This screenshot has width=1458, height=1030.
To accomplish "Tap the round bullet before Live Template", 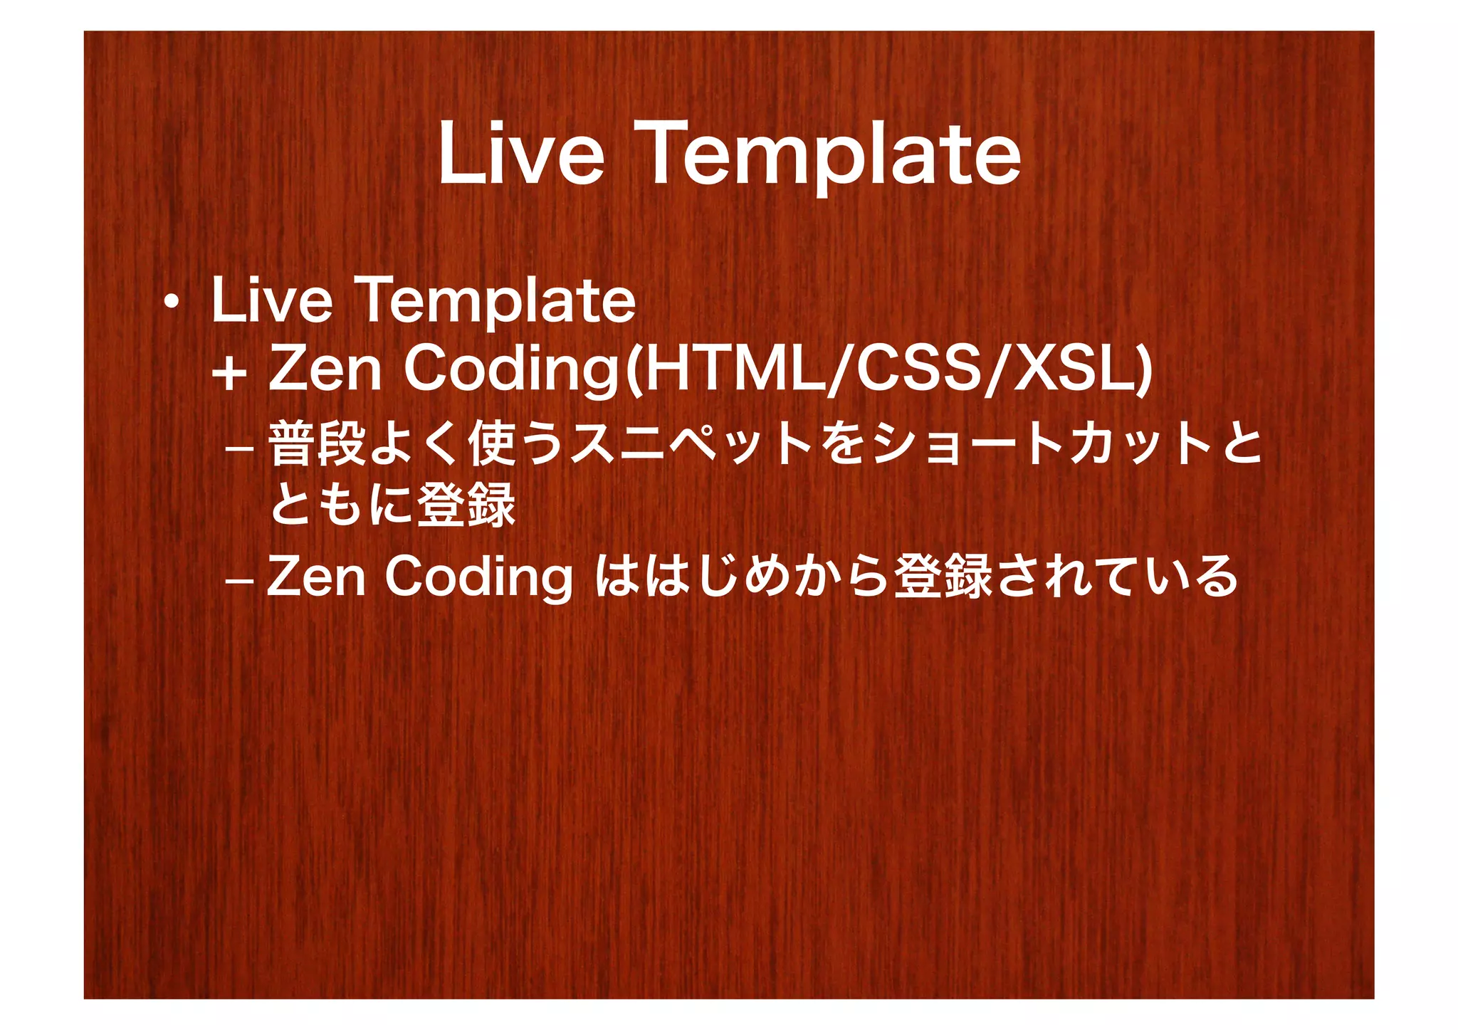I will coord(171,305).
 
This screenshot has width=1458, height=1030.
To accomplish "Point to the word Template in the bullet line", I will coord(498,303).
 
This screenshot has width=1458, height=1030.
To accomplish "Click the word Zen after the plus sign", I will coord(325,369).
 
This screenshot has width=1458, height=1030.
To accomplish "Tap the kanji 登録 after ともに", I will coord(466,505).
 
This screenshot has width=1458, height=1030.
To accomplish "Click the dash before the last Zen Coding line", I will coord(238,580).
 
